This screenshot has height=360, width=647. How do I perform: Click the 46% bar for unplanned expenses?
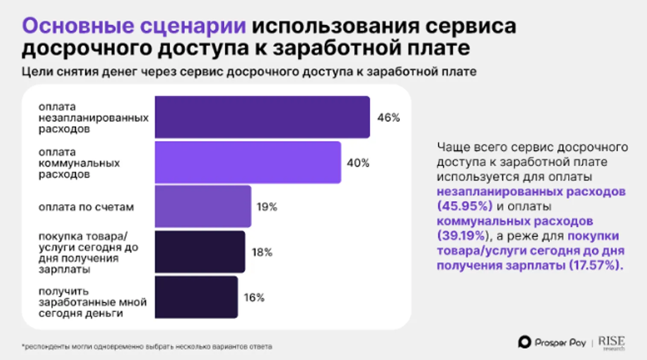[262, 117]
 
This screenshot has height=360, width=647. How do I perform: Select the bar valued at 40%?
[248, 163]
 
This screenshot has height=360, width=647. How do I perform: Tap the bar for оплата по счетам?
[203, 207]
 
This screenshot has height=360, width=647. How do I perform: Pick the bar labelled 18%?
[200, 252]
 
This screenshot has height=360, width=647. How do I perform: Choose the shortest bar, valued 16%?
[196, 297]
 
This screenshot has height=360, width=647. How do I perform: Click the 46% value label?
[388, 117]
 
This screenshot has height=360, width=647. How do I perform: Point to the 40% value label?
[358, 163]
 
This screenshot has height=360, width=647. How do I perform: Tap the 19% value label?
[267, 207]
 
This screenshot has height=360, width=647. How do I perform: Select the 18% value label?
[262, 252]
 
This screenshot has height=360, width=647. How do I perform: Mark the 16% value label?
[254, 298]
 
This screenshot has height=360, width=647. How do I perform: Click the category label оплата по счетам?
[86, 207]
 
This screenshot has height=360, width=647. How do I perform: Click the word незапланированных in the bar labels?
[94, 118]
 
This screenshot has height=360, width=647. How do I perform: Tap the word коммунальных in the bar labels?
[79, 163]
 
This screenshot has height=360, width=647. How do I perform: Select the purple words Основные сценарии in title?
[134, 26]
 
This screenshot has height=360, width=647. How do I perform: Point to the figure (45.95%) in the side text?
[465, 206]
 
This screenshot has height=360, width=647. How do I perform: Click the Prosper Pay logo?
[552, 342]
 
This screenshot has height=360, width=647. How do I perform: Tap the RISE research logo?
[611, 342]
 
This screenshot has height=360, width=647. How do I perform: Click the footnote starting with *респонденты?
[147, 347]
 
